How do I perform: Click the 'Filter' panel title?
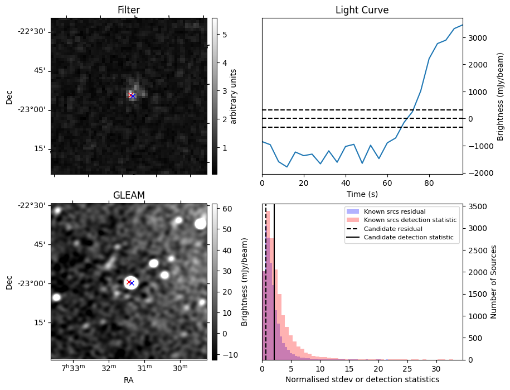pyautogui.click(x=129, y=10)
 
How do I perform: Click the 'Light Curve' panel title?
pyautogui.click(x=362, y=10)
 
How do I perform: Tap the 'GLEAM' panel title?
pyautogui.click(x=129, y=195)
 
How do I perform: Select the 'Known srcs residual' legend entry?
pyautogui.click(x=394, y=211)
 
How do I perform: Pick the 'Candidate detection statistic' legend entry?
pyautogui.click(x=409, y=238)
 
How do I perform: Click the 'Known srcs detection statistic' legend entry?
pyautogui.click(x=410, y=220)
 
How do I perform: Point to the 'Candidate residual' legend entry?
pyautogui.click(x=393, y=229)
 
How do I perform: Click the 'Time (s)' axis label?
pyautogui.click(x=362, y=194)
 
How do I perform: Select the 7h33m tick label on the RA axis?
pyautogui.click(x=74, y=368)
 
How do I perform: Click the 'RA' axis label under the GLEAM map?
pyautogui.click(x=129, y=380)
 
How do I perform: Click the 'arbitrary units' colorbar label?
pyautogui.click(x=234, y=96)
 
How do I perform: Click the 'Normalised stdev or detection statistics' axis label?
pyautogui.click(x=362, y=379)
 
